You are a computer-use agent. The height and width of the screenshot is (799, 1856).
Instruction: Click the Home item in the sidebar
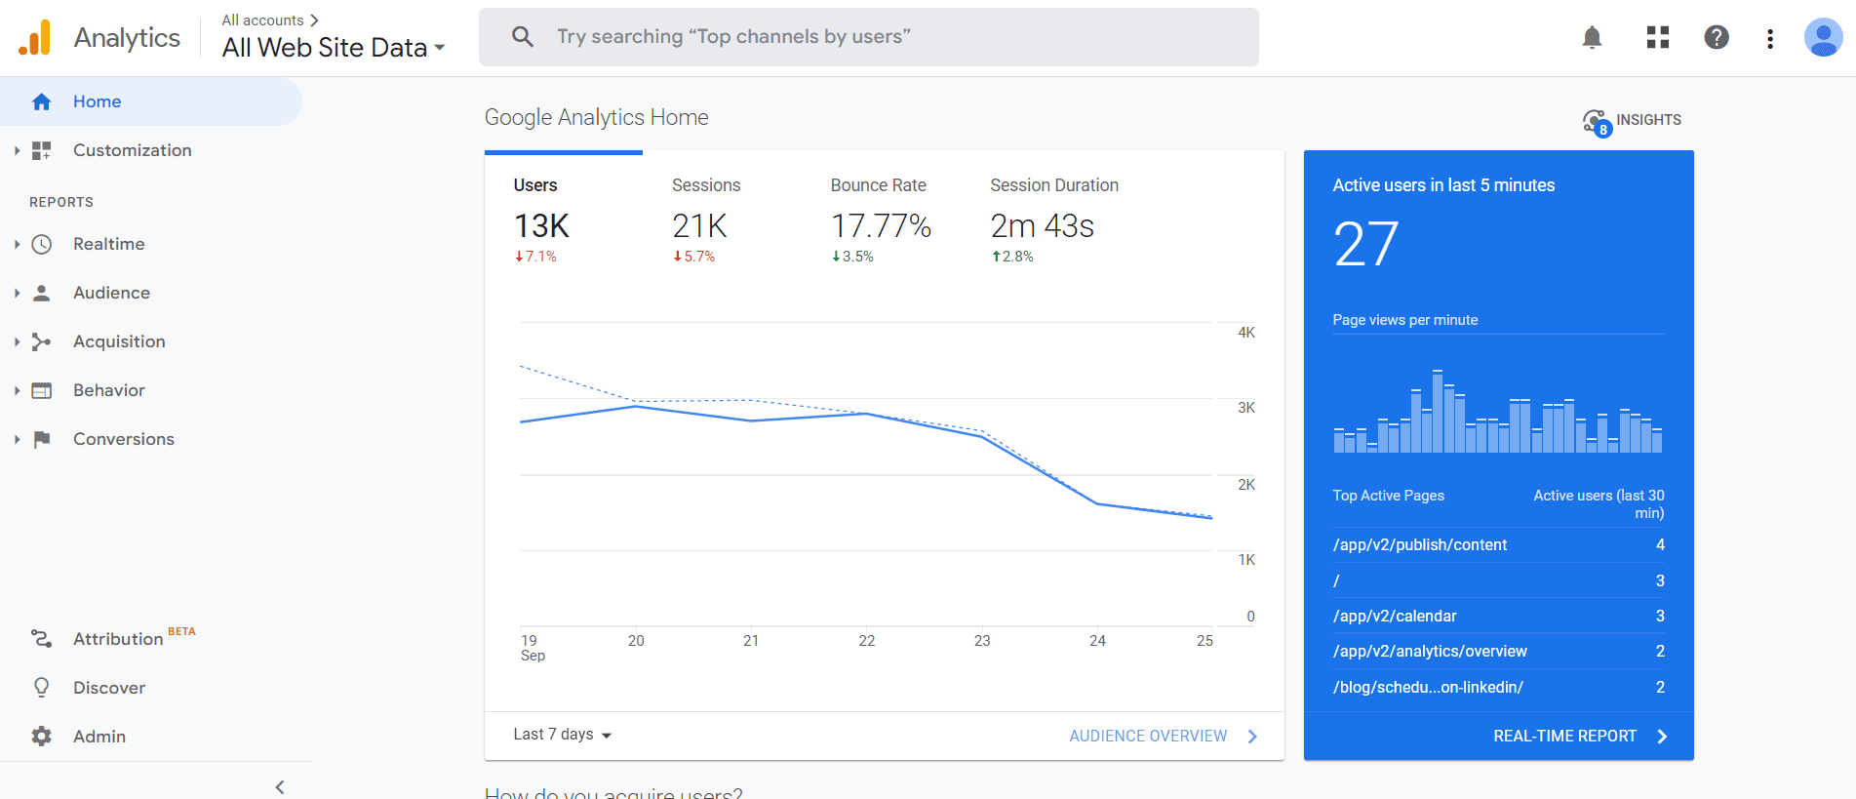pos(97,101)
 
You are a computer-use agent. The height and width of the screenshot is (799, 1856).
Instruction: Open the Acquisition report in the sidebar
pos(119,341)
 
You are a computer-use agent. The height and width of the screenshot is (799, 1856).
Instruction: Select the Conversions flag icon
pos(41,439)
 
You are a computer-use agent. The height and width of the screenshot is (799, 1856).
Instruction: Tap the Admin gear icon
pos(41,737)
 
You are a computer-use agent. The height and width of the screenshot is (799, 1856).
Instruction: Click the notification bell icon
pos(1592,38)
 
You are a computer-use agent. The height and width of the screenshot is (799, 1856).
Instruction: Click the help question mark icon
pos(1717,38)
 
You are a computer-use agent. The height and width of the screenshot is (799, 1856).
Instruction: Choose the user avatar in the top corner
pos(1822,38)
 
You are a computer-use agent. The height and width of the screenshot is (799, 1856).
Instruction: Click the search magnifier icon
pos(523,37)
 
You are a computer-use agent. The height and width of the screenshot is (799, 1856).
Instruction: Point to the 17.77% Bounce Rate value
pos(881,226)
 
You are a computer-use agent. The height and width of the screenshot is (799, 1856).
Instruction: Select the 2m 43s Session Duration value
pos(1042,226)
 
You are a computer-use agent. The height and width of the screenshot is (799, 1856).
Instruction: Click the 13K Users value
pos(541,226)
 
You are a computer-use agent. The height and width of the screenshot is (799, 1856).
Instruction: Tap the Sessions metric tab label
pos(706,185)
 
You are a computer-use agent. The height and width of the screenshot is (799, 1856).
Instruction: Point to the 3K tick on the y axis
pos(1246,408)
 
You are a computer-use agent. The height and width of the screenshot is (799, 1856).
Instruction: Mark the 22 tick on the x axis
pos(867,641)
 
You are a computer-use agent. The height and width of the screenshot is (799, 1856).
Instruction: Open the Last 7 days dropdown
pos(562,735)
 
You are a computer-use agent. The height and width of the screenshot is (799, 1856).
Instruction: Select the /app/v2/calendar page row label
pos(1395,616)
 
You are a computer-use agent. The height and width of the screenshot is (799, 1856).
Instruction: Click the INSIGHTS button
pos(1632,120)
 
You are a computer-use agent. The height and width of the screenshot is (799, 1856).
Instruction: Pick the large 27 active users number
pos(1365,244)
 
